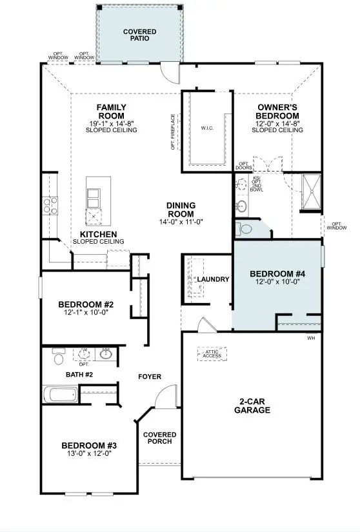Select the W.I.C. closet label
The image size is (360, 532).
coord(207,128)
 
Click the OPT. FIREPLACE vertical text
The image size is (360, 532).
coord(173,132)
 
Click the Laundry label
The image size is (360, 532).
coord(213,279)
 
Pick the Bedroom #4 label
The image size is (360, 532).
coord(277,273)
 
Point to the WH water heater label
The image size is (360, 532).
coord(311,338)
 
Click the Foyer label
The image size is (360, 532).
coord(149,377)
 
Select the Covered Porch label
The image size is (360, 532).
coord(159,438)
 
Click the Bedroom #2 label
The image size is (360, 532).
coord(86,304)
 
